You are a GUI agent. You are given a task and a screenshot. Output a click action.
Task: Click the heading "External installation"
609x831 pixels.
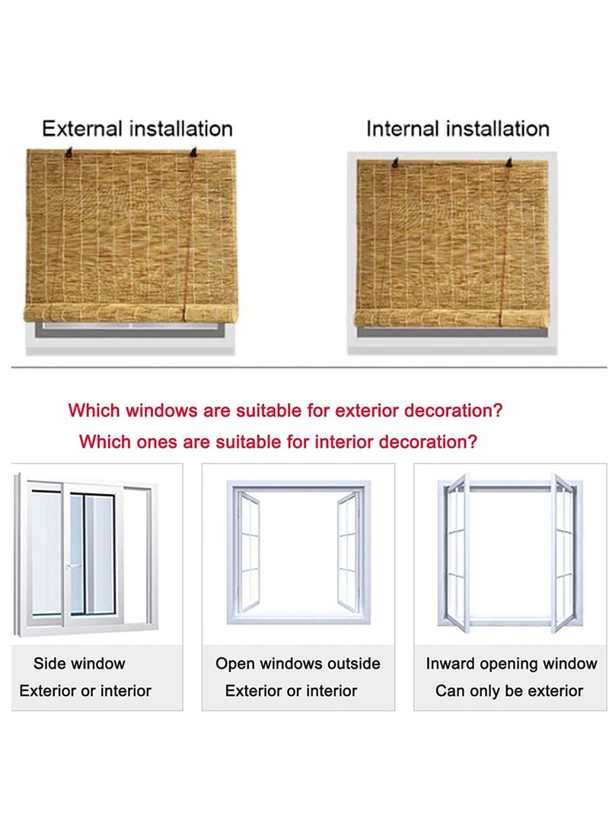coord(137,129)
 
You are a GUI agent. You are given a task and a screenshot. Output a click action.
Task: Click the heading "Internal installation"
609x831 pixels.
coord(458,129)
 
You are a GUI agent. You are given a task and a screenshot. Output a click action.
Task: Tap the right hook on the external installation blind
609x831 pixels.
coord(194,154)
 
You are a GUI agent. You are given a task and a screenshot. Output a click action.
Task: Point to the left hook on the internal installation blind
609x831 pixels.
coord(394,162)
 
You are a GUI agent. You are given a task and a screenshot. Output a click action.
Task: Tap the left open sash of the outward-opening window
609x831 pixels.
coord(247,548)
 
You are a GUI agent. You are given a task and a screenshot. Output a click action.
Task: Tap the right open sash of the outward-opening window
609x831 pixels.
coord(348,548)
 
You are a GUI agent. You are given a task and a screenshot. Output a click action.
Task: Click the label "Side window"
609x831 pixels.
coord(79,663)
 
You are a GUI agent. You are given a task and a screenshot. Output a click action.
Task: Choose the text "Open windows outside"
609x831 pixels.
coord(298,663)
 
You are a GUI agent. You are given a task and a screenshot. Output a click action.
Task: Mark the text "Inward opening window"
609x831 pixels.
coord(511,663)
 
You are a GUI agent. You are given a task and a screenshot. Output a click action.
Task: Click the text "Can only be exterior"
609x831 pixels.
coord(509,691)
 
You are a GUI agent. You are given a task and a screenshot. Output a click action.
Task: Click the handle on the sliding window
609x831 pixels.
coord(68,566)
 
